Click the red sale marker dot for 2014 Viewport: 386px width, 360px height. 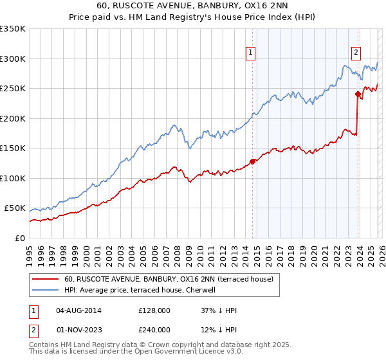tap(252, 161)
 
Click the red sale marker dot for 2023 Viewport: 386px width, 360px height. tap(358, 94)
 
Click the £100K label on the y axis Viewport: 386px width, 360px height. tap(13, 178)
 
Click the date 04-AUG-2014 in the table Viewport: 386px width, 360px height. tap(78, 310)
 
